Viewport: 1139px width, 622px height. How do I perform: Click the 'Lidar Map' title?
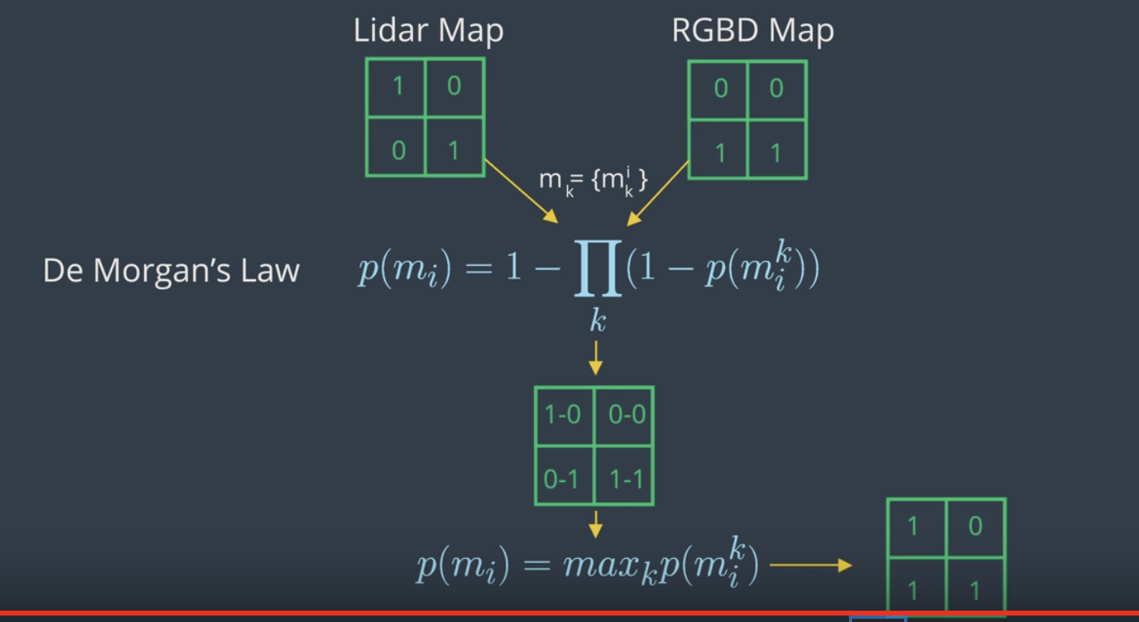[x=429, y=31]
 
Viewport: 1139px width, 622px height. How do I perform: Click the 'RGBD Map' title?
[x=753, y=31]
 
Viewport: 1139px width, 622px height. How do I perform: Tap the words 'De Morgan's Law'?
[x=172, y=271]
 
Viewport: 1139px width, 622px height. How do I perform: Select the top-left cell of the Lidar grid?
[x=396, y=87]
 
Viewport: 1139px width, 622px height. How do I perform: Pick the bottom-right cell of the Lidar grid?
[x=454, y=147]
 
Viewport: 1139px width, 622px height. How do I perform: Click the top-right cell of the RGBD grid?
[x=776, y=91]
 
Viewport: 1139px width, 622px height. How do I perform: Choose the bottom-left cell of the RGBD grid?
[x=719, y=149]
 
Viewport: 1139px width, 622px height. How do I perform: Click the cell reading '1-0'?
[x=565, y=416]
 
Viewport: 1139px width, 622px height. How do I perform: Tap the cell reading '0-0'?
[x=624, y=416]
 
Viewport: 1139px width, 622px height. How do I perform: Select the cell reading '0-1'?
[x=565, y=475]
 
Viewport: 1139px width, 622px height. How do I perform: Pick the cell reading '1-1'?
[x=624, y=475]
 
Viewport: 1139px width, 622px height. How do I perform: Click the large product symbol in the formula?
[x=598, y=268]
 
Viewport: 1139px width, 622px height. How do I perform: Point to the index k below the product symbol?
[x=598, y=322]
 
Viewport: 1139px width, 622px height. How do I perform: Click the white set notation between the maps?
[x=593, y=181]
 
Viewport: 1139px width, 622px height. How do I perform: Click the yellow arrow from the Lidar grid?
[x=521, y=191]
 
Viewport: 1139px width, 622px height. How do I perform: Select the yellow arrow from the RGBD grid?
[x=658, y=193]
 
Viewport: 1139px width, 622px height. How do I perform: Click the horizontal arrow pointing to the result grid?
[x=811, y=565]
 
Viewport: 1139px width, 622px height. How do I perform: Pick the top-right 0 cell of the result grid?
[x=975, y=527]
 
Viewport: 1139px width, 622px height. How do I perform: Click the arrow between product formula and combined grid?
[x=595, y=358]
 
